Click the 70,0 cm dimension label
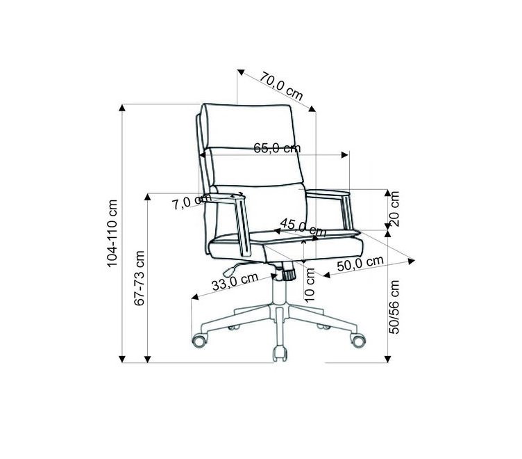click(x=281, y=86)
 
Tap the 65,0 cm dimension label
click(x=277, y=147)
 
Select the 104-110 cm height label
click(x=112, y=233)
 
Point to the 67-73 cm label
click(x=139, y=278)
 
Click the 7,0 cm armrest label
click(x=191, y=202)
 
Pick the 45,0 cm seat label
click(x=303, y=227)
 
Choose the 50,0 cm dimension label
click(x=360, y=264)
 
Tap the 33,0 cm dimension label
click(x=235, y=282)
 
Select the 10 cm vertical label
click(x=310, y=285)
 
